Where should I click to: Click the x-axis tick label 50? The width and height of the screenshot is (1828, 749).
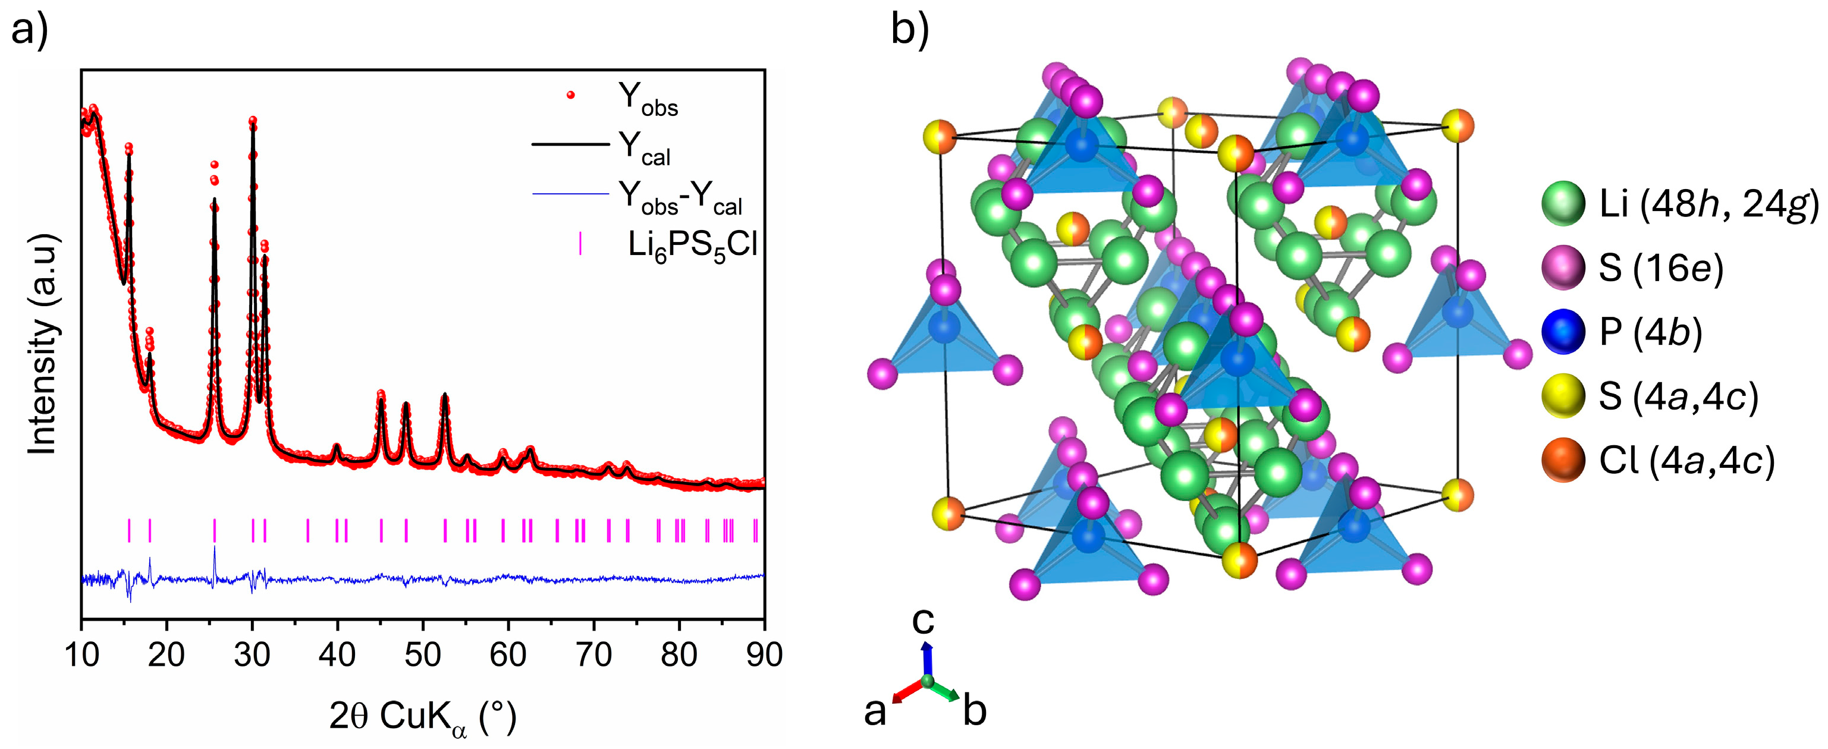click(x=423, y=654)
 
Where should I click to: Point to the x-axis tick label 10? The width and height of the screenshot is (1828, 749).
click(x=81, y=654)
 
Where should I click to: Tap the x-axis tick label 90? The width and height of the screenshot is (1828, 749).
click(x=764, y=654)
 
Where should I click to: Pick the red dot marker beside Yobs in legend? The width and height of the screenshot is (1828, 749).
click(x=570, y=95)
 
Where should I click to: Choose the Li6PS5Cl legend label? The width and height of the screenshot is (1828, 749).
click(x=693, y=246)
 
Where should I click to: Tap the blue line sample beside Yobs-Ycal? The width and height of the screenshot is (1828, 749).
click(x=570, y=194)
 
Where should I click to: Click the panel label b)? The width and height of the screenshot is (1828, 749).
click(x=910, y=30)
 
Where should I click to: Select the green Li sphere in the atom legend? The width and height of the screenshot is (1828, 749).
click(x=1563, y=203)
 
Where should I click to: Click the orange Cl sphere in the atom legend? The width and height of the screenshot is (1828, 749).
click(x=1563, y=460)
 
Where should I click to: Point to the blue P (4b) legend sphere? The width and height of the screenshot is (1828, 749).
click(x=1563, y=332)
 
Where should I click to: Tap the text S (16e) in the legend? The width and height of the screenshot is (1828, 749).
click(x=1660, y=268)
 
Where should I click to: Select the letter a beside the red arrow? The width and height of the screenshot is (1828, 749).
click(x=875, y=712)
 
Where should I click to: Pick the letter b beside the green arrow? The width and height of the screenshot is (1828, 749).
click(x=974, y=712)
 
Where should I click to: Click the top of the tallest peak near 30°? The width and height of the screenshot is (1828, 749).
click(x=253, y=121)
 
